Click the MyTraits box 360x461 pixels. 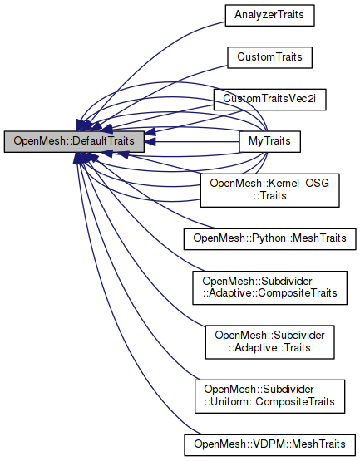(270, 141)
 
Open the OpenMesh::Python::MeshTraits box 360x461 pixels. (270, 238)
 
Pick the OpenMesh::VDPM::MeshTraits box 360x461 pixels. (270, 442)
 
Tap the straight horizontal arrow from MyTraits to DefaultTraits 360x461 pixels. (191, 141)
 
